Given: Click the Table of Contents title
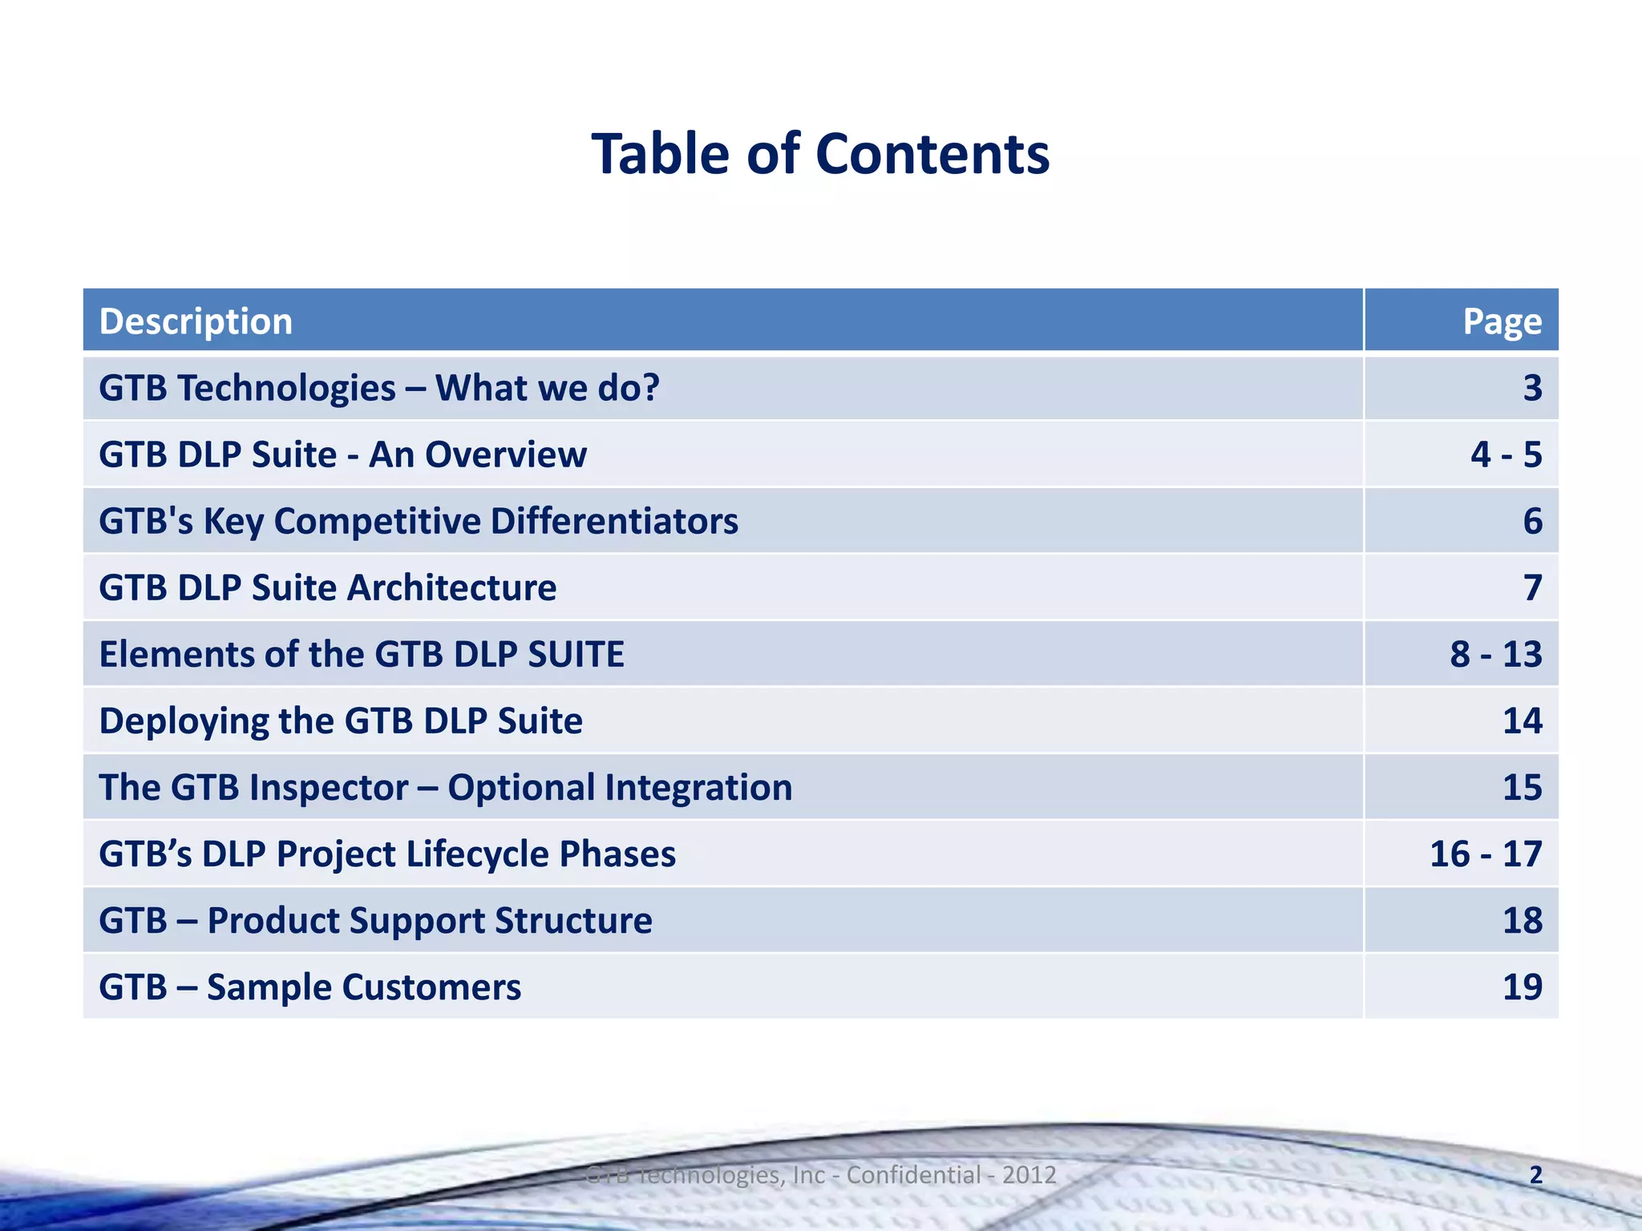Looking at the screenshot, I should click(820, 154).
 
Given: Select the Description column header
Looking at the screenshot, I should click(196, 321).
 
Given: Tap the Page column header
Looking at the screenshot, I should click(1502, 321).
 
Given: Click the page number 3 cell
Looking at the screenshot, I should click(1532, 388).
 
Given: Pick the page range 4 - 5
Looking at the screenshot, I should click(1506, 454).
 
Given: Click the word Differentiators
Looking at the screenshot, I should click(614, 521).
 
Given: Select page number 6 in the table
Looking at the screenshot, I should click(1532, 521).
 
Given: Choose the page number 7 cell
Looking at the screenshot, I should click(1532, 587).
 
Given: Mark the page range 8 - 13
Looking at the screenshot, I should click(1495, 654).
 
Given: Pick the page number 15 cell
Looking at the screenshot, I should click(1522, 787).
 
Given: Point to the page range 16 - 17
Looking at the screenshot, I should click(1486, 854).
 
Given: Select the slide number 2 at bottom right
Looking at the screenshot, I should click(1535, 1175).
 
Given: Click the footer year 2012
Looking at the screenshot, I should click(1029, 1175).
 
